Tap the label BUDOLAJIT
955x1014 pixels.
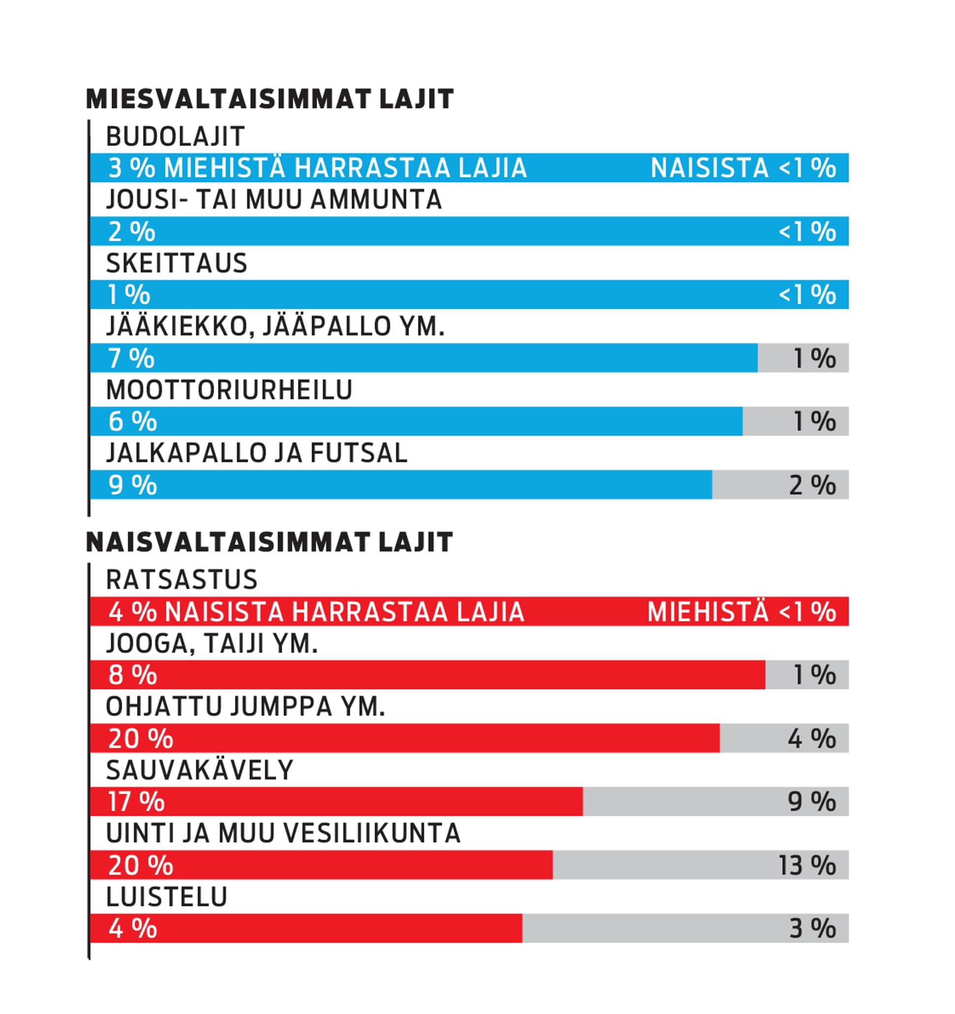click(175, 137)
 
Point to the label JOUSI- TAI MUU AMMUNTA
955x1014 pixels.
click(274, 199)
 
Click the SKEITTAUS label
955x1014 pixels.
click(176, 263)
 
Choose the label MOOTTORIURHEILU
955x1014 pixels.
click(229, 390)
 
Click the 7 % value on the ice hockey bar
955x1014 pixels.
click(131, 358)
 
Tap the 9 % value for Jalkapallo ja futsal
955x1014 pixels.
click(133, 485)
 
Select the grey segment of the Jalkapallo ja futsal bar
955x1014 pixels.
click(780, 485)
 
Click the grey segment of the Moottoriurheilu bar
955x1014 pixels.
click(796, 421)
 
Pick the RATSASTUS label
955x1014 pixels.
click(181, 580)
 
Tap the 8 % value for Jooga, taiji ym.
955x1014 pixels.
click(133, 676)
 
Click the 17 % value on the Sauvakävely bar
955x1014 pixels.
click(136, 802)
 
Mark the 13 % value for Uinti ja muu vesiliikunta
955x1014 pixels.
click(807, 865)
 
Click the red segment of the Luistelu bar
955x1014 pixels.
click(306, 928)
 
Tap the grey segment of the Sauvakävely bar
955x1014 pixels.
click(716, 801)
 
